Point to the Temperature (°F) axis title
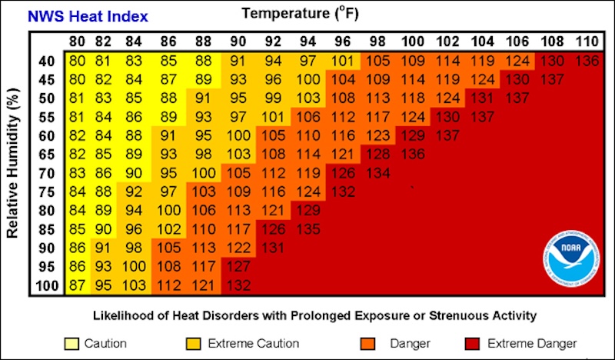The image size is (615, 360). coord(300,13)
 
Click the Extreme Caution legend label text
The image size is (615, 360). coord(239,343)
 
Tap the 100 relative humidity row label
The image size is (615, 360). coord(45,285)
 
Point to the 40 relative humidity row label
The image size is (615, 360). coord(45,61)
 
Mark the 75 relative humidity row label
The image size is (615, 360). coord(45,192)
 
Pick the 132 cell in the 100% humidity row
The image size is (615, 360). coord(238,285)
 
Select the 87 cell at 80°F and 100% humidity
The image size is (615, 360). coord(77,285)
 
